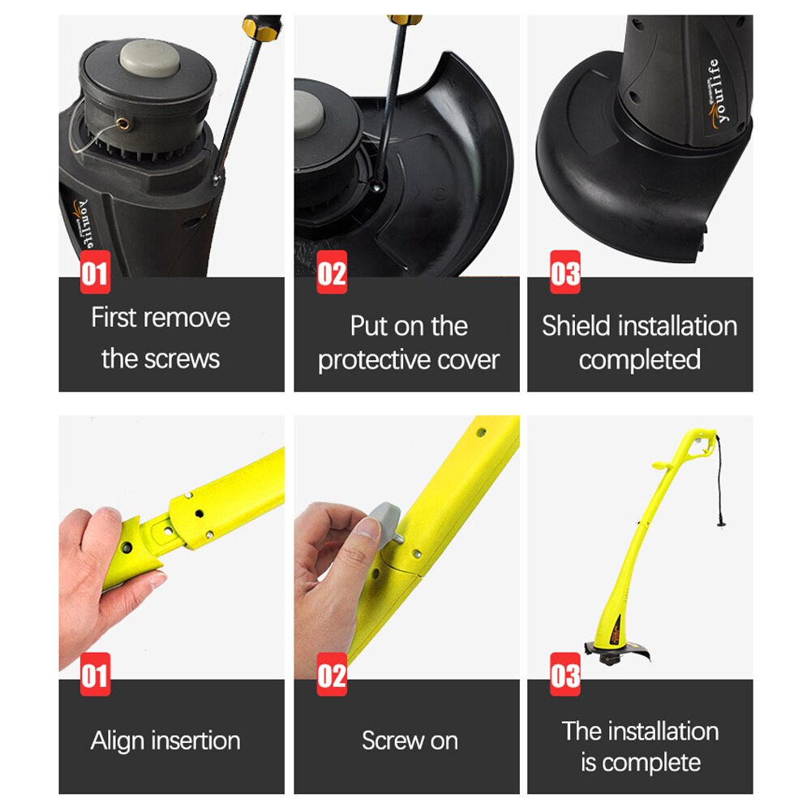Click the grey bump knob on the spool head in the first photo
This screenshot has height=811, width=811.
pos(149,58)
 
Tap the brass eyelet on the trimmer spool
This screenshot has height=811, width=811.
pos(122,123)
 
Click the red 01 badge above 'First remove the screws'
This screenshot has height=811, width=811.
pos(95,272)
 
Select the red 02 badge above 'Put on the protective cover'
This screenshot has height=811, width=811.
pos(332,272)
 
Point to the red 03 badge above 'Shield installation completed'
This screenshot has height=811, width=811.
pos(564,272)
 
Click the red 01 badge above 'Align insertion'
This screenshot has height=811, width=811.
pos(95,674)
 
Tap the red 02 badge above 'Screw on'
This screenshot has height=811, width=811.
pos(332,674)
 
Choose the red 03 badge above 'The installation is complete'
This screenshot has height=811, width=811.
pos(564,674)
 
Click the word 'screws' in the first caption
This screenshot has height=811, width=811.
pos(182,359)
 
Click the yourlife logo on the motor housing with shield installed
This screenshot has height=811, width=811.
pos(717,93)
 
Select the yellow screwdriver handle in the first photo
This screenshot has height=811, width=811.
pos(262,28)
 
